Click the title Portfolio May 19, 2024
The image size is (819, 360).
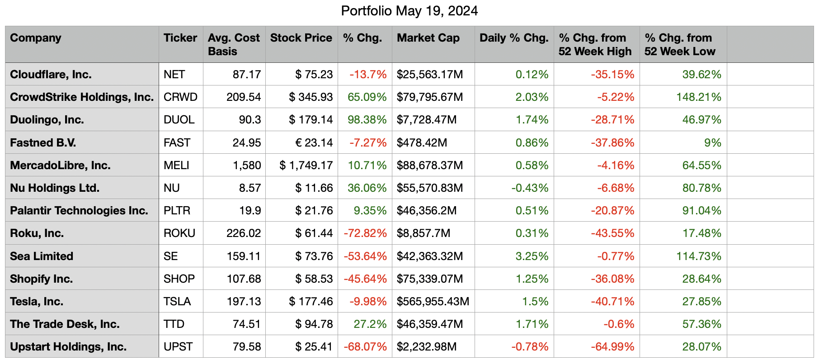[409, 11]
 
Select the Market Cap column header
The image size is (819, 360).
[428, 38]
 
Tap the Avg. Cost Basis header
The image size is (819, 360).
[234, 44]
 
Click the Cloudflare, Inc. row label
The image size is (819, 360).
[51, 75]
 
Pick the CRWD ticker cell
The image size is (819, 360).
[180, 97]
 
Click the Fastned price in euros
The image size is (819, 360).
[314, 143]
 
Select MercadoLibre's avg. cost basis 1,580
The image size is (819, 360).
[247, 166]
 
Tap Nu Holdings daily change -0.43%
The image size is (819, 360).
[530, 188]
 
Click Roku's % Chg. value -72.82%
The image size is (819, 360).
[365, 233]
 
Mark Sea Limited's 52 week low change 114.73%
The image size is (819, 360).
[698, 256]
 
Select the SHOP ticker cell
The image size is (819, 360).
[179, 279]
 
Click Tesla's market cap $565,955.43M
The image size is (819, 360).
[433, 302]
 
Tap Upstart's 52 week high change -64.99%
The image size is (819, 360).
[612, 347]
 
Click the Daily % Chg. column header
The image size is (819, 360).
[514, 38]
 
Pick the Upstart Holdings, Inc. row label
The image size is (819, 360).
[68, 347]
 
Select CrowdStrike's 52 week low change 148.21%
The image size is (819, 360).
[698, 97]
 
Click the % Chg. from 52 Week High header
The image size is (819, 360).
[595, 44]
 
